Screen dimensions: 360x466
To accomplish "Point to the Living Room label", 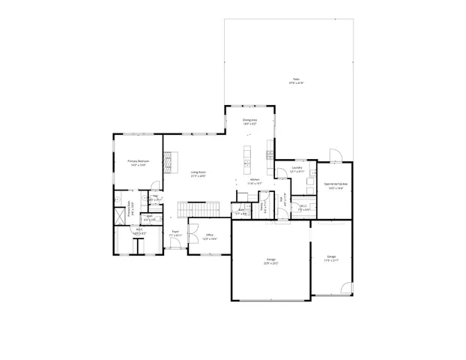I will [x=198, y=172].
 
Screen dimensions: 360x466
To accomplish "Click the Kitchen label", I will [x=255, y=180].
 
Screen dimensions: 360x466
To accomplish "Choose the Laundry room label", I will [x=297, y=168].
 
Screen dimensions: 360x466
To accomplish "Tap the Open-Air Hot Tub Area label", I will [x=335, y=184].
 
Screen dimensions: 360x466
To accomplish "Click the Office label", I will [x=211, y=235].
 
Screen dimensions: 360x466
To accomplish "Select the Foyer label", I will [x=175, y=232].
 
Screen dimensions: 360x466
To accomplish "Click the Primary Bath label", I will [x=130, y=211].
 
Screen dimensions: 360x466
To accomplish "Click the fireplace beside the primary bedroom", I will [x=169, y=162].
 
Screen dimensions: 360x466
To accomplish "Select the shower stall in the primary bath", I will [x=120, y=215].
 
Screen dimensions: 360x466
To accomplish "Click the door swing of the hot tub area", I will [x=336, y=155].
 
